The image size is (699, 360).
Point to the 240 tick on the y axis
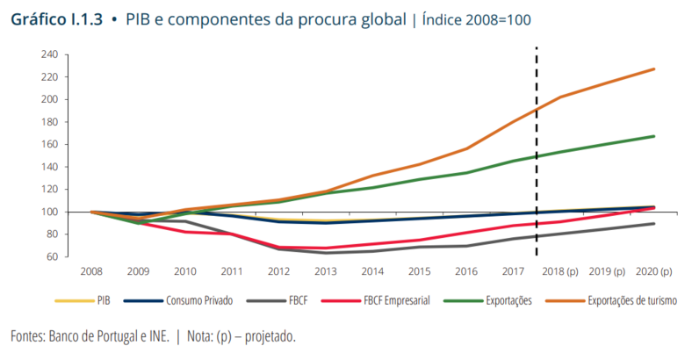[50, 54]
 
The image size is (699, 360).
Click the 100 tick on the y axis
[50, 212]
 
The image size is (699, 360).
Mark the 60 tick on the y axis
[53, 256]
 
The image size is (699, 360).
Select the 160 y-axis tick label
[50, 144]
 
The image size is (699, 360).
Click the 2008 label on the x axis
[91, 272]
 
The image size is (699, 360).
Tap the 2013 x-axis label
[325, 272]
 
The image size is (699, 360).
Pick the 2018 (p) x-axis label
[558, 272]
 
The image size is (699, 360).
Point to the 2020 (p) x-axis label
[653, 272]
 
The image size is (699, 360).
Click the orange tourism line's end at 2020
[653, 68]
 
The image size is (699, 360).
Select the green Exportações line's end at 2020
[653, 136]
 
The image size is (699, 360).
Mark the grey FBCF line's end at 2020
[653, 224]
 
